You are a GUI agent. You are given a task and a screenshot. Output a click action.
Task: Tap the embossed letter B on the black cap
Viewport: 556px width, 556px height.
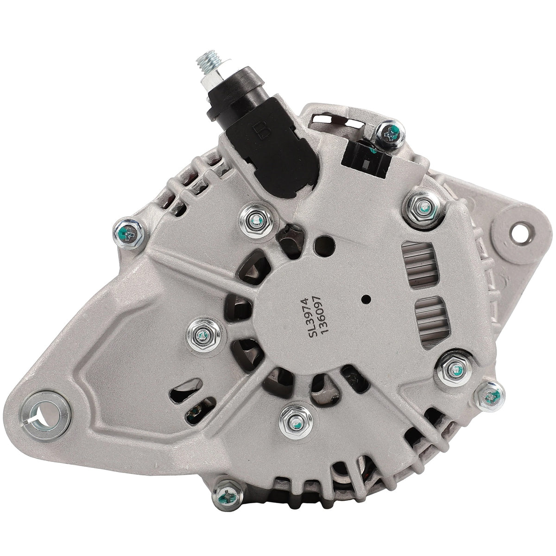point(262,131)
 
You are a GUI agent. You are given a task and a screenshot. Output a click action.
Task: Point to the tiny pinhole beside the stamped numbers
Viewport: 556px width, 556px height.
point(366,299)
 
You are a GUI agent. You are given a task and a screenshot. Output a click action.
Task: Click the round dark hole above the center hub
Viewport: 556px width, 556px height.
point(325,246)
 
